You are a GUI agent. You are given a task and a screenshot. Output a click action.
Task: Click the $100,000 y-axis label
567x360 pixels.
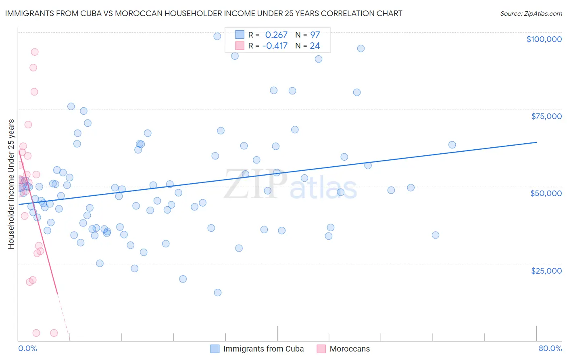[544, 39]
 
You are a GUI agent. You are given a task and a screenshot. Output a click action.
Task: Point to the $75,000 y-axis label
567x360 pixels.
[546, 116]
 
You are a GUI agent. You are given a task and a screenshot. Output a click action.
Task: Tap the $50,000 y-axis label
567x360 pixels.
[546, 193]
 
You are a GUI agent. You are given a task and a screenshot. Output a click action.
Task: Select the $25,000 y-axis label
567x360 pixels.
[546, 270]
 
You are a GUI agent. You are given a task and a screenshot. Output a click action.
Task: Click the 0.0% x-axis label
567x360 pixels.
[27, 349]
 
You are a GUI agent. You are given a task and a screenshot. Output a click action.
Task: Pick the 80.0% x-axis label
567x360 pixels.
[550, 349]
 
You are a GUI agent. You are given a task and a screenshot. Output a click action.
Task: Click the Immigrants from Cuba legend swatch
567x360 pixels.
[215, 349]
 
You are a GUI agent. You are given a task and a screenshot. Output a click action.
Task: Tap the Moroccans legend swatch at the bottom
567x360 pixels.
[321, 349]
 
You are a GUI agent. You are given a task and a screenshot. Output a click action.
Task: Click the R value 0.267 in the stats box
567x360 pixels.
[276, 35]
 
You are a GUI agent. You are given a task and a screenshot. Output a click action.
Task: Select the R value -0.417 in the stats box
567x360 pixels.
[275, 46]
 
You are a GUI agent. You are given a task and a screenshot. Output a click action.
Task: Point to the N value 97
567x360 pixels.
[315, 35]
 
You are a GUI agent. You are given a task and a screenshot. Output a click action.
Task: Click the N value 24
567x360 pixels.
[315, 46]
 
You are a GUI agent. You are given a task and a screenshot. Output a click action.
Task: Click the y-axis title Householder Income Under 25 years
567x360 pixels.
[11, 184]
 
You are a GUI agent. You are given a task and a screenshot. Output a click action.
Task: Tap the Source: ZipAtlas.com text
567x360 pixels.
[531, 14]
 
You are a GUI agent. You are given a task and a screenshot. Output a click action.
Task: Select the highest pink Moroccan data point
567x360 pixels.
[35, 52]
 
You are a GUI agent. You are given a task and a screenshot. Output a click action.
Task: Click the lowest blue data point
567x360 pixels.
[218, 293]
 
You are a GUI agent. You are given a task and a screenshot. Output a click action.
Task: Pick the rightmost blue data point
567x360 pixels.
[452, 145]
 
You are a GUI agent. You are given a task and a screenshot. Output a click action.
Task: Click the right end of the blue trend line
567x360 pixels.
[536, 142]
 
